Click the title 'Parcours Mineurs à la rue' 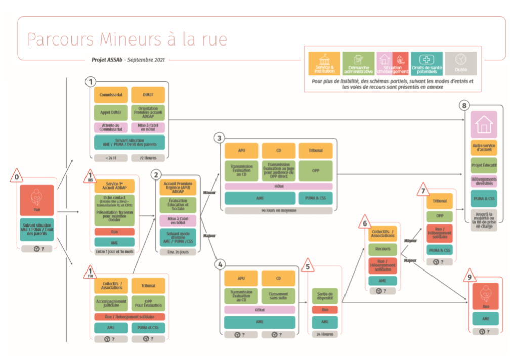tap(127, 39)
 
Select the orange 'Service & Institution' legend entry tap(324, 64)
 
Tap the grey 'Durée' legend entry tap(460, 64)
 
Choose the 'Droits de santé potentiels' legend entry tap(426, 64)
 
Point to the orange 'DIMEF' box tap(148, 95)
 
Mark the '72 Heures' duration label tap(148, 158)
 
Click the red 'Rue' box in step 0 tap(36, 200)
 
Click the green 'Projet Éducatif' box tap(484, 165)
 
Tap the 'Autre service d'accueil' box tap(484, 148)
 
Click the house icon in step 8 tap(484, 124)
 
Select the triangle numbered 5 tap(307, 265)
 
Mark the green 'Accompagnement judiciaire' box tap(111, 302)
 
